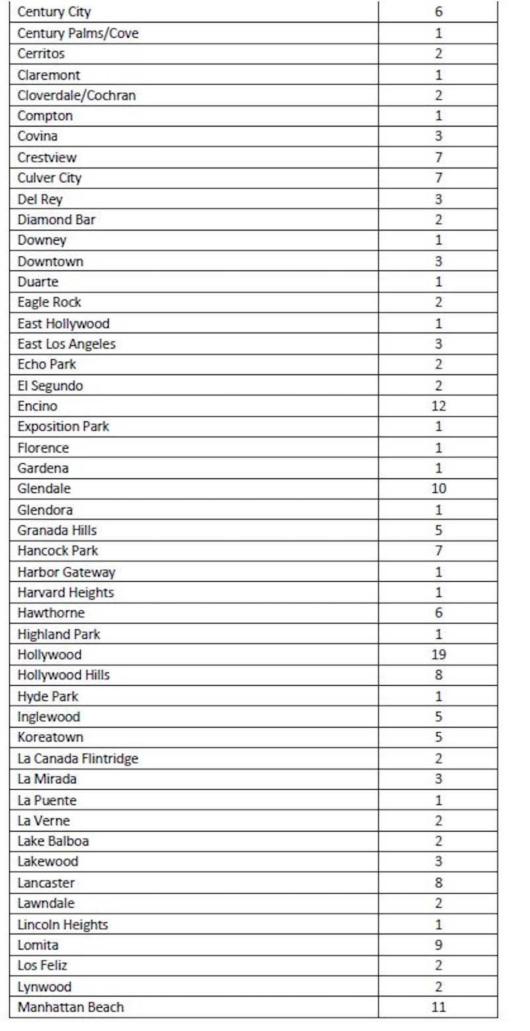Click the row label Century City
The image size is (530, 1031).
coord(54,12)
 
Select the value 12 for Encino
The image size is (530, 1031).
coord(438,406)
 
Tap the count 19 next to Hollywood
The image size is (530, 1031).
coord(438,655)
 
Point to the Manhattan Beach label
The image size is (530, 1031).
coord(71,1007)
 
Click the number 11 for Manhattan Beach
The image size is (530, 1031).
coord(438,1007)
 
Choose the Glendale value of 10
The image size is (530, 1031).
coord(438,489)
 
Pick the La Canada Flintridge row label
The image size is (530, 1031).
coord(78,759)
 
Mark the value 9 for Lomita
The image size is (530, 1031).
coord(438,945)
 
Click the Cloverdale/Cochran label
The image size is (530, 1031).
coord(77,95)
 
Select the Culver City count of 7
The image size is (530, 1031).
coord(438,178)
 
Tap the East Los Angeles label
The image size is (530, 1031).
coord(67,344)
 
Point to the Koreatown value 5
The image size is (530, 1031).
coord(438,737)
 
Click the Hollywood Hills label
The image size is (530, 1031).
coord(64,675)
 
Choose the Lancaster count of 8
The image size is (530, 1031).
coord(438,883)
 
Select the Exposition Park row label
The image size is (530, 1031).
coord(64,427)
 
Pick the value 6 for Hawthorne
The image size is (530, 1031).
coord(438,613)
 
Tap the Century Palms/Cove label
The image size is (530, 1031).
coord(78,33)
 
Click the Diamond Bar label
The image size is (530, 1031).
coord(56,219)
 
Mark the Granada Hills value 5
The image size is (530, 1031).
coord(438,530)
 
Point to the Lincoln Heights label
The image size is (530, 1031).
coord(63,924)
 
